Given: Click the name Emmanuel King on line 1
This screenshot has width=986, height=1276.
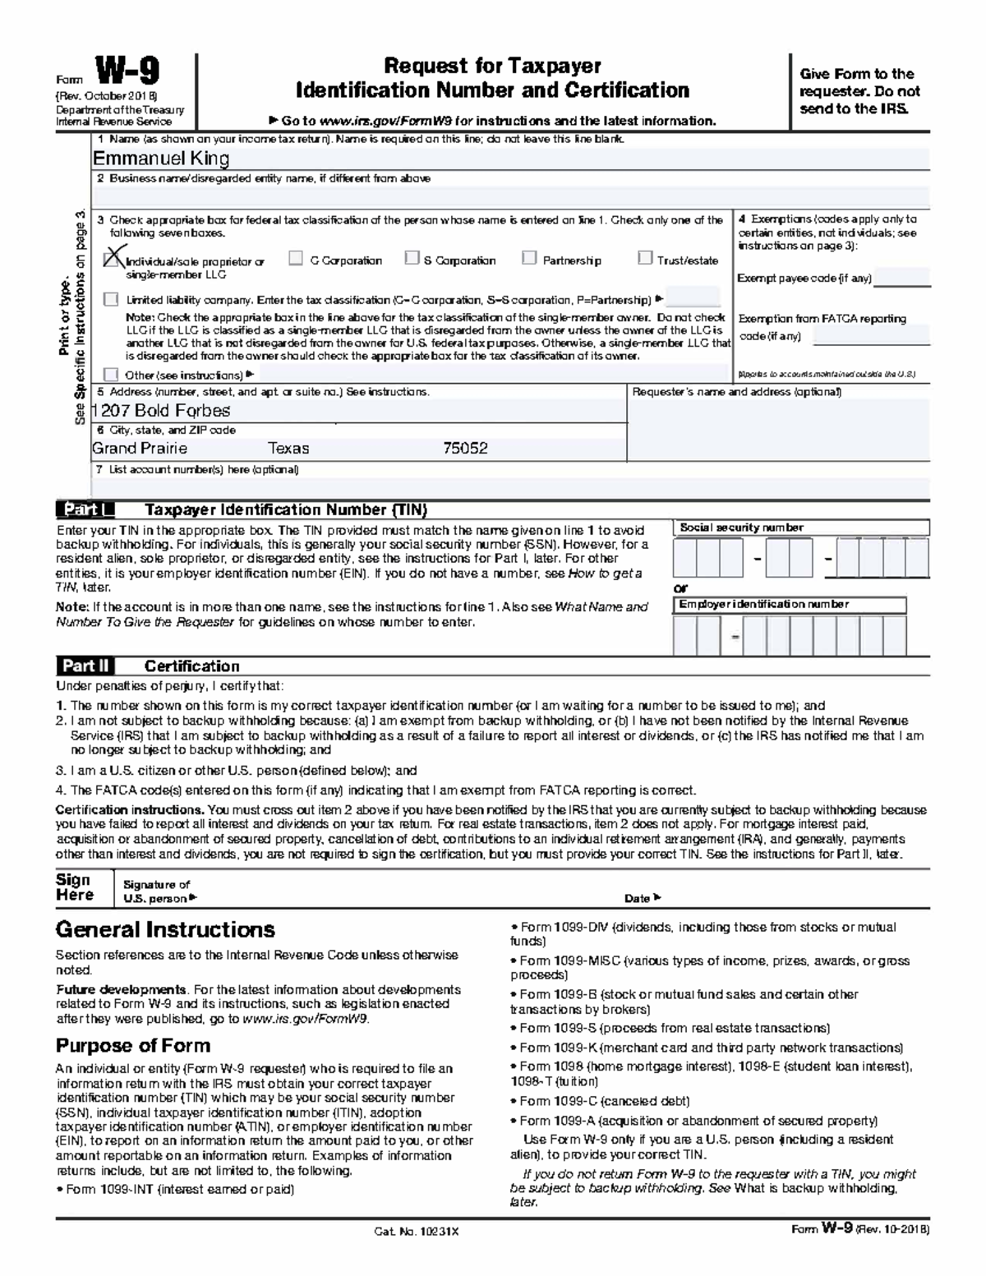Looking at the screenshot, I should coord(160,159).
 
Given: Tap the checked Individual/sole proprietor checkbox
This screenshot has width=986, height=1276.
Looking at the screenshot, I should coord(113,259).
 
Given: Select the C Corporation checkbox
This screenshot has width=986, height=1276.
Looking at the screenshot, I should coord(296,259).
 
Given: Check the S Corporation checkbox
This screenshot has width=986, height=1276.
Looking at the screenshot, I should coord(412,259).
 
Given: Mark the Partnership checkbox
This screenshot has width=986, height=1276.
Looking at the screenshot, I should coord(529,259).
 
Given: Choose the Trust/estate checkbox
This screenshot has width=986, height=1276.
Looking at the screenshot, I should coord(645,259).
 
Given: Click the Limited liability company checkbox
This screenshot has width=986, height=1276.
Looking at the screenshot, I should coord(111,300).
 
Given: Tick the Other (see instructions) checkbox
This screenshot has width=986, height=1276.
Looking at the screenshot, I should coord(111,375).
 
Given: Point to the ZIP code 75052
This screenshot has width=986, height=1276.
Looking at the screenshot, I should coord(465,449).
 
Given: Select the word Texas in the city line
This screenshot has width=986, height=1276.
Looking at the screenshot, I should coord(288,449).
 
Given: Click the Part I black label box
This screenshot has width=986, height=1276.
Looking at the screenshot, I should coord(85,510).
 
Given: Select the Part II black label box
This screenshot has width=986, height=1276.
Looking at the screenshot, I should coord(85,666).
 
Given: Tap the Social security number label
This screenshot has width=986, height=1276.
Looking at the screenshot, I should coord(741,528).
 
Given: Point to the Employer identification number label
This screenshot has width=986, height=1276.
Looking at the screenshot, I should coord(763,605).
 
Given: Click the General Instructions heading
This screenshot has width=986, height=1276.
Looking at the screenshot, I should coord(164,930).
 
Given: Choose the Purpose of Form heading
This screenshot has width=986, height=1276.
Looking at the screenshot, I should coord(132,1046).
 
